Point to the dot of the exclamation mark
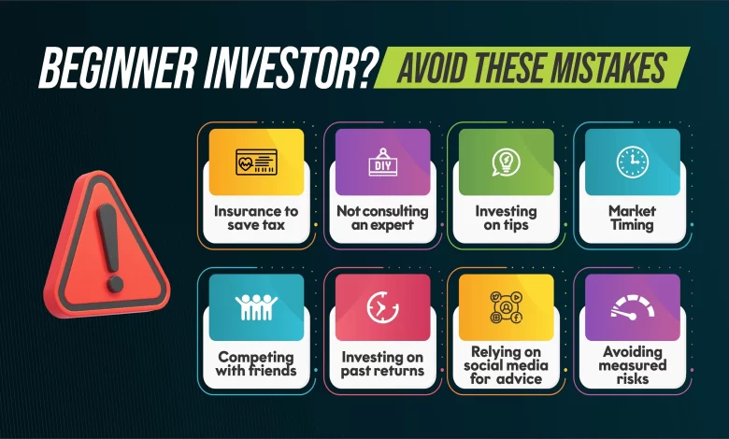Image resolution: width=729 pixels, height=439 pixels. pyautogui.click(x=115, y=284)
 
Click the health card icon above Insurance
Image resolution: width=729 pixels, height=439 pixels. pyautogui.click(x=256, y=162)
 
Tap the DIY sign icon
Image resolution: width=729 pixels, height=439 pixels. pyautogui.click(x=382, y=163)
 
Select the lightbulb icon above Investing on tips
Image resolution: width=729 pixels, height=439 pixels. pyautogui.click(x=506, y=163)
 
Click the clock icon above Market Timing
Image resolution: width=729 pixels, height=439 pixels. pyautogui.click(x=633, y=163)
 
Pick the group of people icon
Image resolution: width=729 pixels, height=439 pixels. pyautogui.click(x=256, y=307)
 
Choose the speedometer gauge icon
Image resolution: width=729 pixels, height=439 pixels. pyautogui.click(x=633, y=307)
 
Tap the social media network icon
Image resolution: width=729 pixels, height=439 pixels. pyautogui.click(x=506, y=307)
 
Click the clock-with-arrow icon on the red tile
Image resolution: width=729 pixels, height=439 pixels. pyautogui.click(x=382, y=307)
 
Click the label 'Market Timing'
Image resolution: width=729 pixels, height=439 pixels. pyautogui.click(x=633, y=218)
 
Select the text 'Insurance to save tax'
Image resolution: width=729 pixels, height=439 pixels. pyautogui.click(x=256, y=218)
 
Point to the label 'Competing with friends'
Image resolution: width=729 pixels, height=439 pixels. pyautogui.click(x=256, y=363)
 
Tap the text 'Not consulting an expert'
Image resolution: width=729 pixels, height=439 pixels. pyautogui.click(x=382, y=218)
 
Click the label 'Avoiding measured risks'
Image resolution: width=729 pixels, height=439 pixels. pyautogui.click(x=633, y=364)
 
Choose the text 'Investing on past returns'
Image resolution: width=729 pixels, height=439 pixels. pyautogui.click(x=382, y=363)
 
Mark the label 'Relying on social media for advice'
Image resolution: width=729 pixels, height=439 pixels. pyautogui.click(x=506, y=365)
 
